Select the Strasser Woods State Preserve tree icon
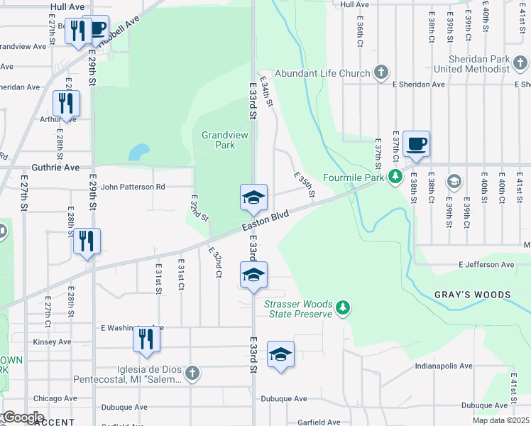click(x=343, y=307)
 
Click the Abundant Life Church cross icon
click(x=381, y=72)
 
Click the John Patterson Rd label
click(x=133, y=187)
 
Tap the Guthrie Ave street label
click(x=55, y=168)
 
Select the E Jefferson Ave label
click(x=486, y=265)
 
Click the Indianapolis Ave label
click(x=444, y=366)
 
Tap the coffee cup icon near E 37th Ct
click(x=416, y=143)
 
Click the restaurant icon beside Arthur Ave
click(x=66, y=103)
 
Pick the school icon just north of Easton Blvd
click(x=253, y=197)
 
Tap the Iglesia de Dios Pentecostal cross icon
click(x=190, y=373)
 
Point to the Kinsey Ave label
click(x=52, y=342)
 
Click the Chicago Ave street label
click(x=54, y=398)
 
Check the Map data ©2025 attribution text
click(x=500, y=421)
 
